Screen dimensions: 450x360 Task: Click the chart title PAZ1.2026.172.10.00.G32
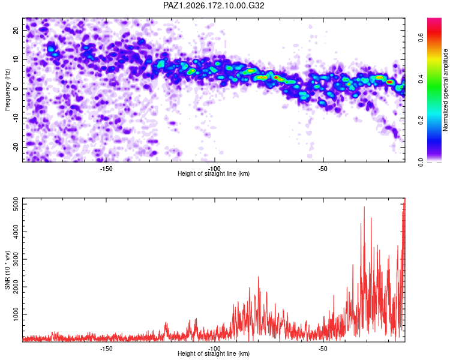click(x=214, y=5)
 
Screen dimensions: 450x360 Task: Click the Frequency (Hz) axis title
click(x=7, y=90)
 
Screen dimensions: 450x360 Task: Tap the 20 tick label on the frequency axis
click(x=16, y=30)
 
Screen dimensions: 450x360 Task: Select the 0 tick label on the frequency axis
click(x=16, y=89)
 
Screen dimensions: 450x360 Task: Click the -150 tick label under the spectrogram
click(x=106, y=169)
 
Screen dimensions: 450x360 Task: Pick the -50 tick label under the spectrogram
click(x=323, y=169)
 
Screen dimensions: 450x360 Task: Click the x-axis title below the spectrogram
click(x=214, y=173)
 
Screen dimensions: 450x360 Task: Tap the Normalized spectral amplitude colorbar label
click(x=445, y=90)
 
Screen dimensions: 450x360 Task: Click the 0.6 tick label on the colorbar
click(x=421, y=37)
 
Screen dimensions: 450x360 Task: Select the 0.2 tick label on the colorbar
click(x=421, y=120)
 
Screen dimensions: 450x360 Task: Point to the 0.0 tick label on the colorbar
click(x=421, y=162)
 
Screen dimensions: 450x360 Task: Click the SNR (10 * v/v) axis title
click(x=7, y=270)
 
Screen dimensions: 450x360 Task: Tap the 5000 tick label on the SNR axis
click(x=16, y=204)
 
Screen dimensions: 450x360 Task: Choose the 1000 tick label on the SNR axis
click(x=16, y=314)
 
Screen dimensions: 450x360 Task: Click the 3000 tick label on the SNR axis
click(x=16, y=259)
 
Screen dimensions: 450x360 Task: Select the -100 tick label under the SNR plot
click(x=215, y=349)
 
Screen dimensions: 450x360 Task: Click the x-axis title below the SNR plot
click(x=214, y=353)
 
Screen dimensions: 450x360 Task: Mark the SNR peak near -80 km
click(x=258, y=277)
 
